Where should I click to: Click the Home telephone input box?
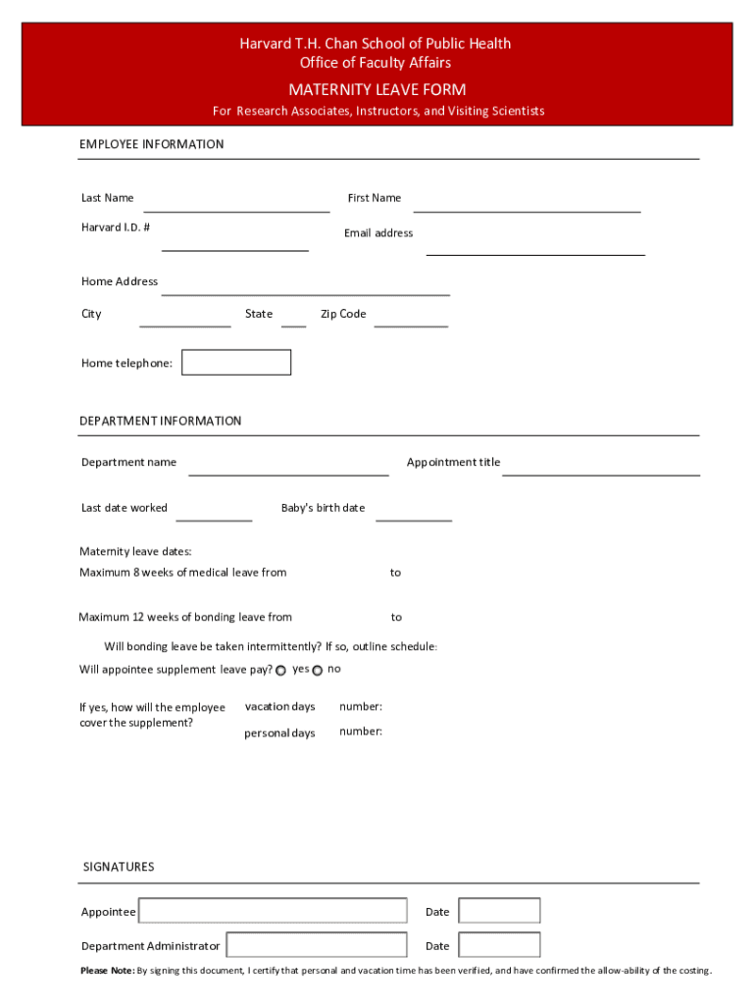coord(236,363)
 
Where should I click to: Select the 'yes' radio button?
coord(281,671)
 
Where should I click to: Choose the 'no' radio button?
coord(317,671)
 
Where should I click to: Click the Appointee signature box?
coord(273,911)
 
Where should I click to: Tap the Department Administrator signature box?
coord(316,945)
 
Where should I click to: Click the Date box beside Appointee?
coord(499,911)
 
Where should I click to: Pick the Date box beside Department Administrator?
coord(499,945)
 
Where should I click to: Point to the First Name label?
coord(374,198)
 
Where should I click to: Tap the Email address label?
coord(378,233)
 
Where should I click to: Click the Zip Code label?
coord(343,314)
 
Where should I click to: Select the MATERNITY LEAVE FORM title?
coord(377,90)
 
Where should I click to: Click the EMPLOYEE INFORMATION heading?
coord(151,144)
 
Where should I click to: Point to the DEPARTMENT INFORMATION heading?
coord(160,421)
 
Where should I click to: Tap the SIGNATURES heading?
coord(119,867)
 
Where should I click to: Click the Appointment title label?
coord(453,462)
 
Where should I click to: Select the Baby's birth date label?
coord(323,508)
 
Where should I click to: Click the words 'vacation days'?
coord(279,707)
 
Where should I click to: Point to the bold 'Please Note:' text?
coord(107,971)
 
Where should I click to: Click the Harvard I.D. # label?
coord(116,227)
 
